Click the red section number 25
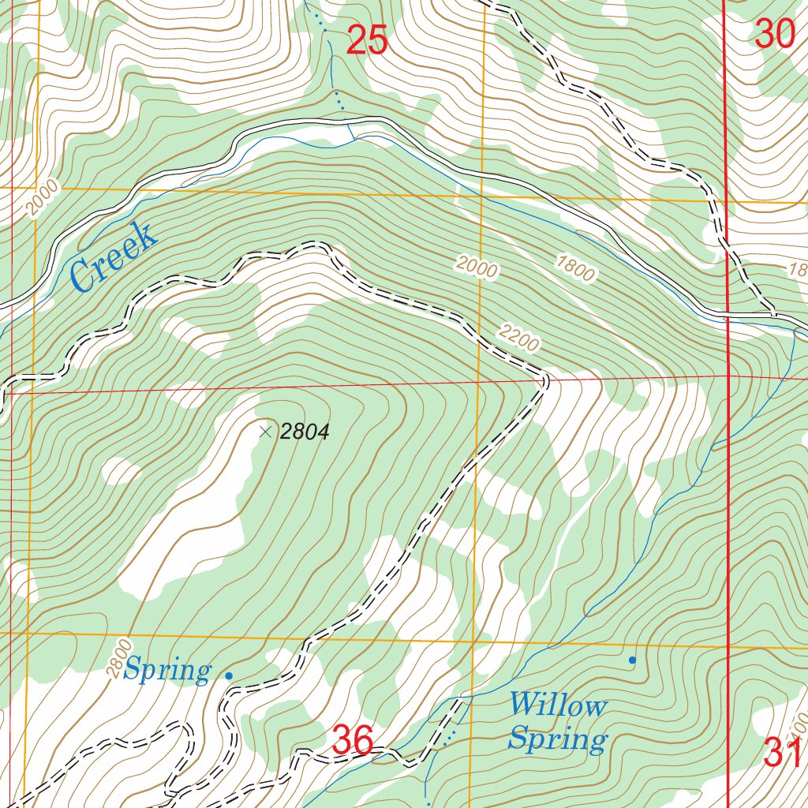coord(367,40)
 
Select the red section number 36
coord(352,740)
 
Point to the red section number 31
coord(783,753)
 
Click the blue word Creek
coord(112,256)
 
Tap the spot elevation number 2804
coord(304,432)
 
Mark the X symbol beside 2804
coord(265,431)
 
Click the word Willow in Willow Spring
coord(557,705)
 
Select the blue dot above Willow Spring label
coord(631,659)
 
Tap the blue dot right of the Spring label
coord(229,675)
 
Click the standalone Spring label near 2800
coord(167,671)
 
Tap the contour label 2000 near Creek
coord(41,199)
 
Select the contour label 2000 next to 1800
coord(477,267)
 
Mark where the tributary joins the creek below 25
coord(353,137)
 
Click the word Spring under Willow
coord(557,739)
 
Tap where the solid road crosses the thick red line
coord(726,317)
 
